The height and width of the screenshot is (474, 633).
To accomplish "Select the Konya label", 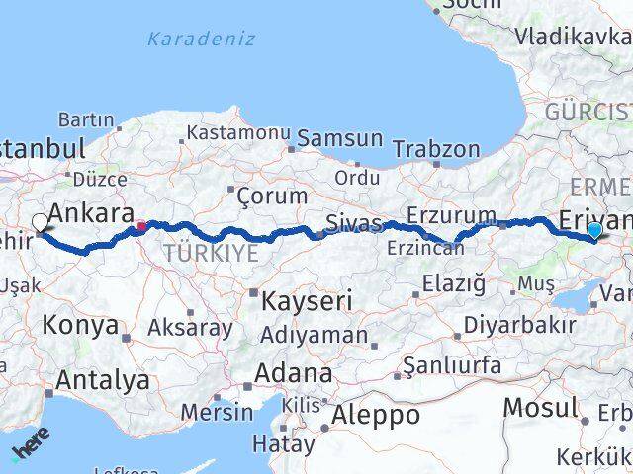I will (80, 325).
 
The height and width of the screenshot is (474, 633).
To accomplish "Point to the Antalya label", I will (103, 380).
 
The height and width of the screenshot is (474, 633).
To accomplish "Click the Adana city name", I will (293, 374).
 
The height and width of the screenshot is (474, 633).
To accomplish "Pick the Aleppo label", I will (376, 415).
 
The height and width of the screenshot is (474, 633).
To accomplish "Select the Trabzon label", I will (436, 150).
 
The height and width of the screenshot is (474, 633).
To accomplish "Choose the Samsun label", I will (339, 139).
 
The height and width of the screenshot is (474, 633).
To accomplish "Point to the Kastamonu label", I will (238, 132).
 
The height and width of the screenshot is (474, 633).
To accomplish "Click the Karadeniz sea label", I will (201, 39).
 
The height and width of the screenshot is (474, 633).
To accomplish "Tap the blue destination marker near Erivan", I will (593, 231).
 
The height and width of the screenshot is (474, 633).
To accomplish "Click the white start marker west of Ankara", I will (41, 223).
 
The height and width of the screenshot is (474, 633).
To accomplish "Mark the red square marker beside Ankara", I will (141, 226).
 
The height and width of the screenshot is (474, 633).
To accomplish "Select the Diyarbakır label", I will (533, 325).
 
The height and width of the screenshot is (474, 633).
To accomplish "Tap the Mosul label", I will (539, 407).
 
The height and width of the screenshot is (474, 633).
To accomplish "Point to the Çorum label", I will (272, 196).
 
